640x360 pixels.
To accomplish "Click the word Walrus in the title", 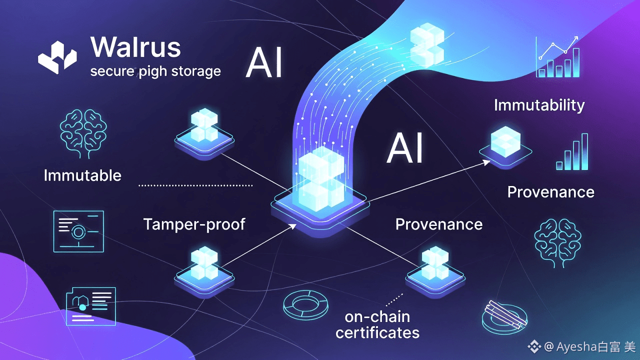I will [135, 47].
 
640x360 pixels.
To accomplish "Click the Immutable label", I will [82, 175].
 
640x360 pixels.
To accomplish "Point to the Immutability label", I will [539, 105].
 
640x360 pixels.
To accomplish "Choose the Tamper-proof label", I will [194, 224].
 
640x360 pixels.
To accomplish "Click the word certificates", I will [377, 332].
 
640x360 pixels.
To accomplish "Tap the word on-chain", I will [377, 316].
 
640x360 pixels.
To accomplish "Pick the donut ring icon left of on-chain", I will [305, 302].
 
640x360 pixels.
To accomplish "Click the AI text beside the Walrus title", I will [264, 63].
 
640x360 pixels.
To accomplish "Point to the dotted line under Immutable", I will [195, 185].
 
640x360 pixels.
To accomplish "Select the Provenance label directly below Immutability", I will [550, 192].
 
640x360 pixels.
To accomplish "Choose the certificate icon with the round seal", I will [78, 230].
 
